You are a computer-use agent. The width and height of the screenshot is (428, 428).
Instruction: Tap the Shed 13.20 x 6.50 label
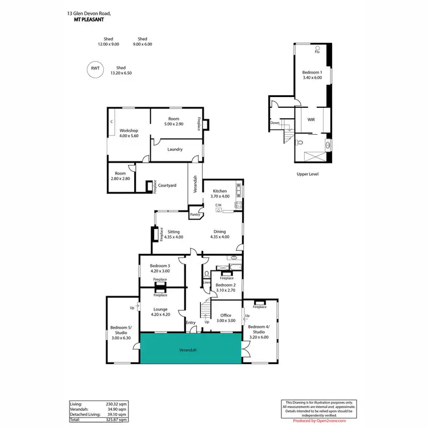pyautogui.click(x=121, y=70)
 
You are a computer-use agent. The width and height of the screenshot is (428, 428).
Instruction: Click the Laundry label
pyautogui.click(x=175, y=150)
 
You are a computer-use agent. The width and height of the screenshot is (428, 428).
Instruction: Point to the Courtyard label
pyautogui.click(x=167, y=185)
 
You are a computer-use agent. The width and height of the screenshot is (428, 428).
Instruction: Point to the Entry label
pyautogui.click(x=191, y=323)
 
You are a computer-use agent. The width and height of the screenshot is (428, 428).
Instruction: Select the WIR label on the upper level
pyautogui.click(x=311, y=120)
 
